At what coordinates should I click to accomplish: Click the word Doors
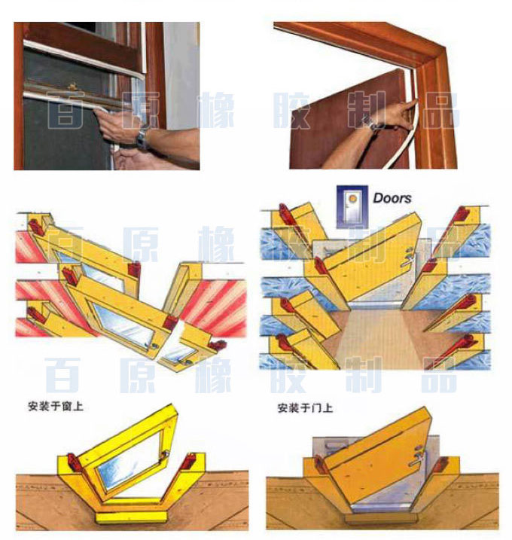[392, 198]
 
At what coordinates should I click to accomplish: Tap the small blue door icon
[352, 206]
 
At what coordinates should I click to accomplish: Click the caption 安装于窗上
[56, 407]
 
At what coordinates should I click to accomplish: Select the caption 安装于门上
[305, 408]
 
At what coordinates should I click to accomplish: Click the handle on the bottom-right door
[417, 457]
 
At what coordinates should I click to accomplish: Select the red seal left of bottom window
[74, 463]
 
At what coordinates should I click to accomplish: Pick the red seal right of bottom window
[187, 462]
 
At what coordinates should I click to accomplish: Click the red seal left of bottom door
[321, 465]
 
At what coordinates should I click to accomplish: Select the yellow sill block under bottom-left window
[131, 517]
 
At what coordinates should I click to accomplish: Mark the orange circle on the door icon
[352, 199]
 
